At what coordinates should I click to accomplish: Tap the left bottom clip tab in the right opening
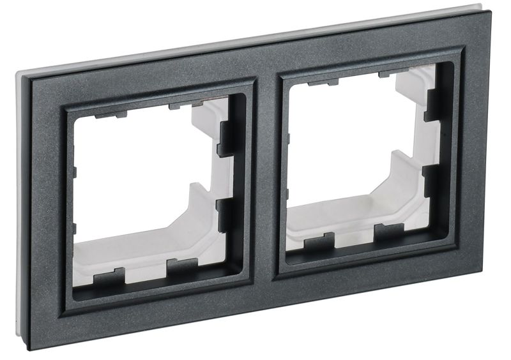(318, 241)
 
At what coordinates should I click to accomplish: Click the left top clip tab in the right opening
(319, 83)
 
